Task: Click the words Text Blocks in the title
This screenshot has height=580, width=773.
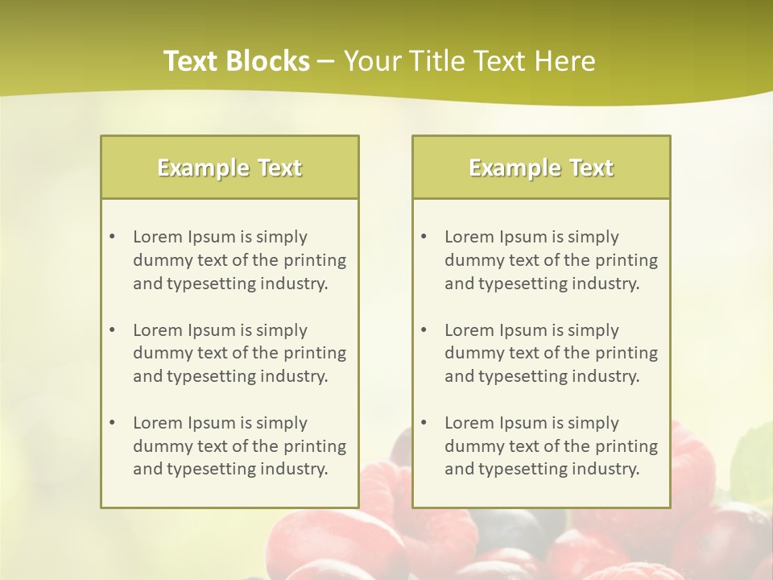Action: pos(236,61)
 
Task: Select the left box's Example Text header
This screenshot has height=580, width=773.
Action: pos(229,168)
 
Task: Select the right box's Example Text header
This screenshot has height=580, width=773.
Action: pos(541,168)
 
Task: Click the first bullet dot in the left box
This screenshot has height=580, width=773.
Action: pos(113,237)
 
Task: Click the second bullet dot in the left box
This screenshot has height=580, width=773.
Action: pos(113,330)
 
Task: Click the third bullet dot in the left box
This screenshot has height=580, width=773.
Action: pos(113,423)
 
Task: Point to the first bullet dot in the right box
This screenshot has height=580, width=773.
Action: pos(424,237)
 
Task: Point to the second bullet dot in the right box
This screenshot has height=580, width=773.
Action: pos(424,330)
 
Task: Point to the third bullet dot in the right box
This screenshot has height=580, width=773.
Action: pos(424,423)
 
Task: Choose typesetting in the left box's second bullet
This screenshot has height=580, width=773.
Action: pos(213,376)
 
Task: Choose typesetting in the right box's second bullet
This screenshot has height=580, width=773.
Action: pos(524,376)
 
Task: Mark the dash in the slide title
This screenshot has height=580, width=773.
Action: pos(326,61)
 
